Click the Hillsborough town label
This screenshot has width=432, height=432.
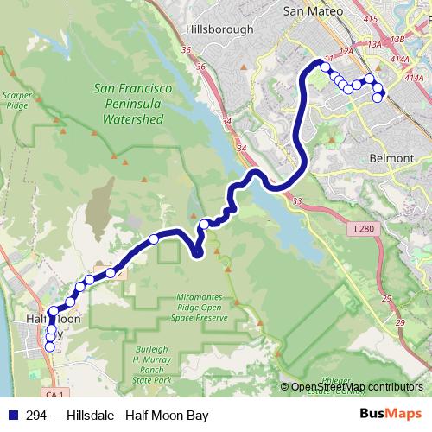[220, 29]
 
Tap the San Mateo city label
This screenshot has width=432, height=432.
[314, 11]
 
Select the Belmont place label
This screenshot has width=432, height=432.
[392, 159]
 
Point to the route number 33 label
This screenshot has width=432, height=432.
[297, 201]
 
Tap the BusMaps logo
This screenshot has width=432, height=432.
[391, 414]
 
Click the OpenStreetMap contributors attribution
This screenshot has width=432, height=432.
[356, 386]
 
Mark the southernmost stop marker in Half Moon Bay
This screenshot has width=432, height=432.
[49, 347]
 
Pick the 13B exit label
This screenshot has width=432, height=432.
[397, 39]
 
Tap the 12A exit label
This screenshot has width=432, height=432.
[346, 52]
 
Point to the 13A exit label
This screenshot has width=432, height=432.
[374, 44]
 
